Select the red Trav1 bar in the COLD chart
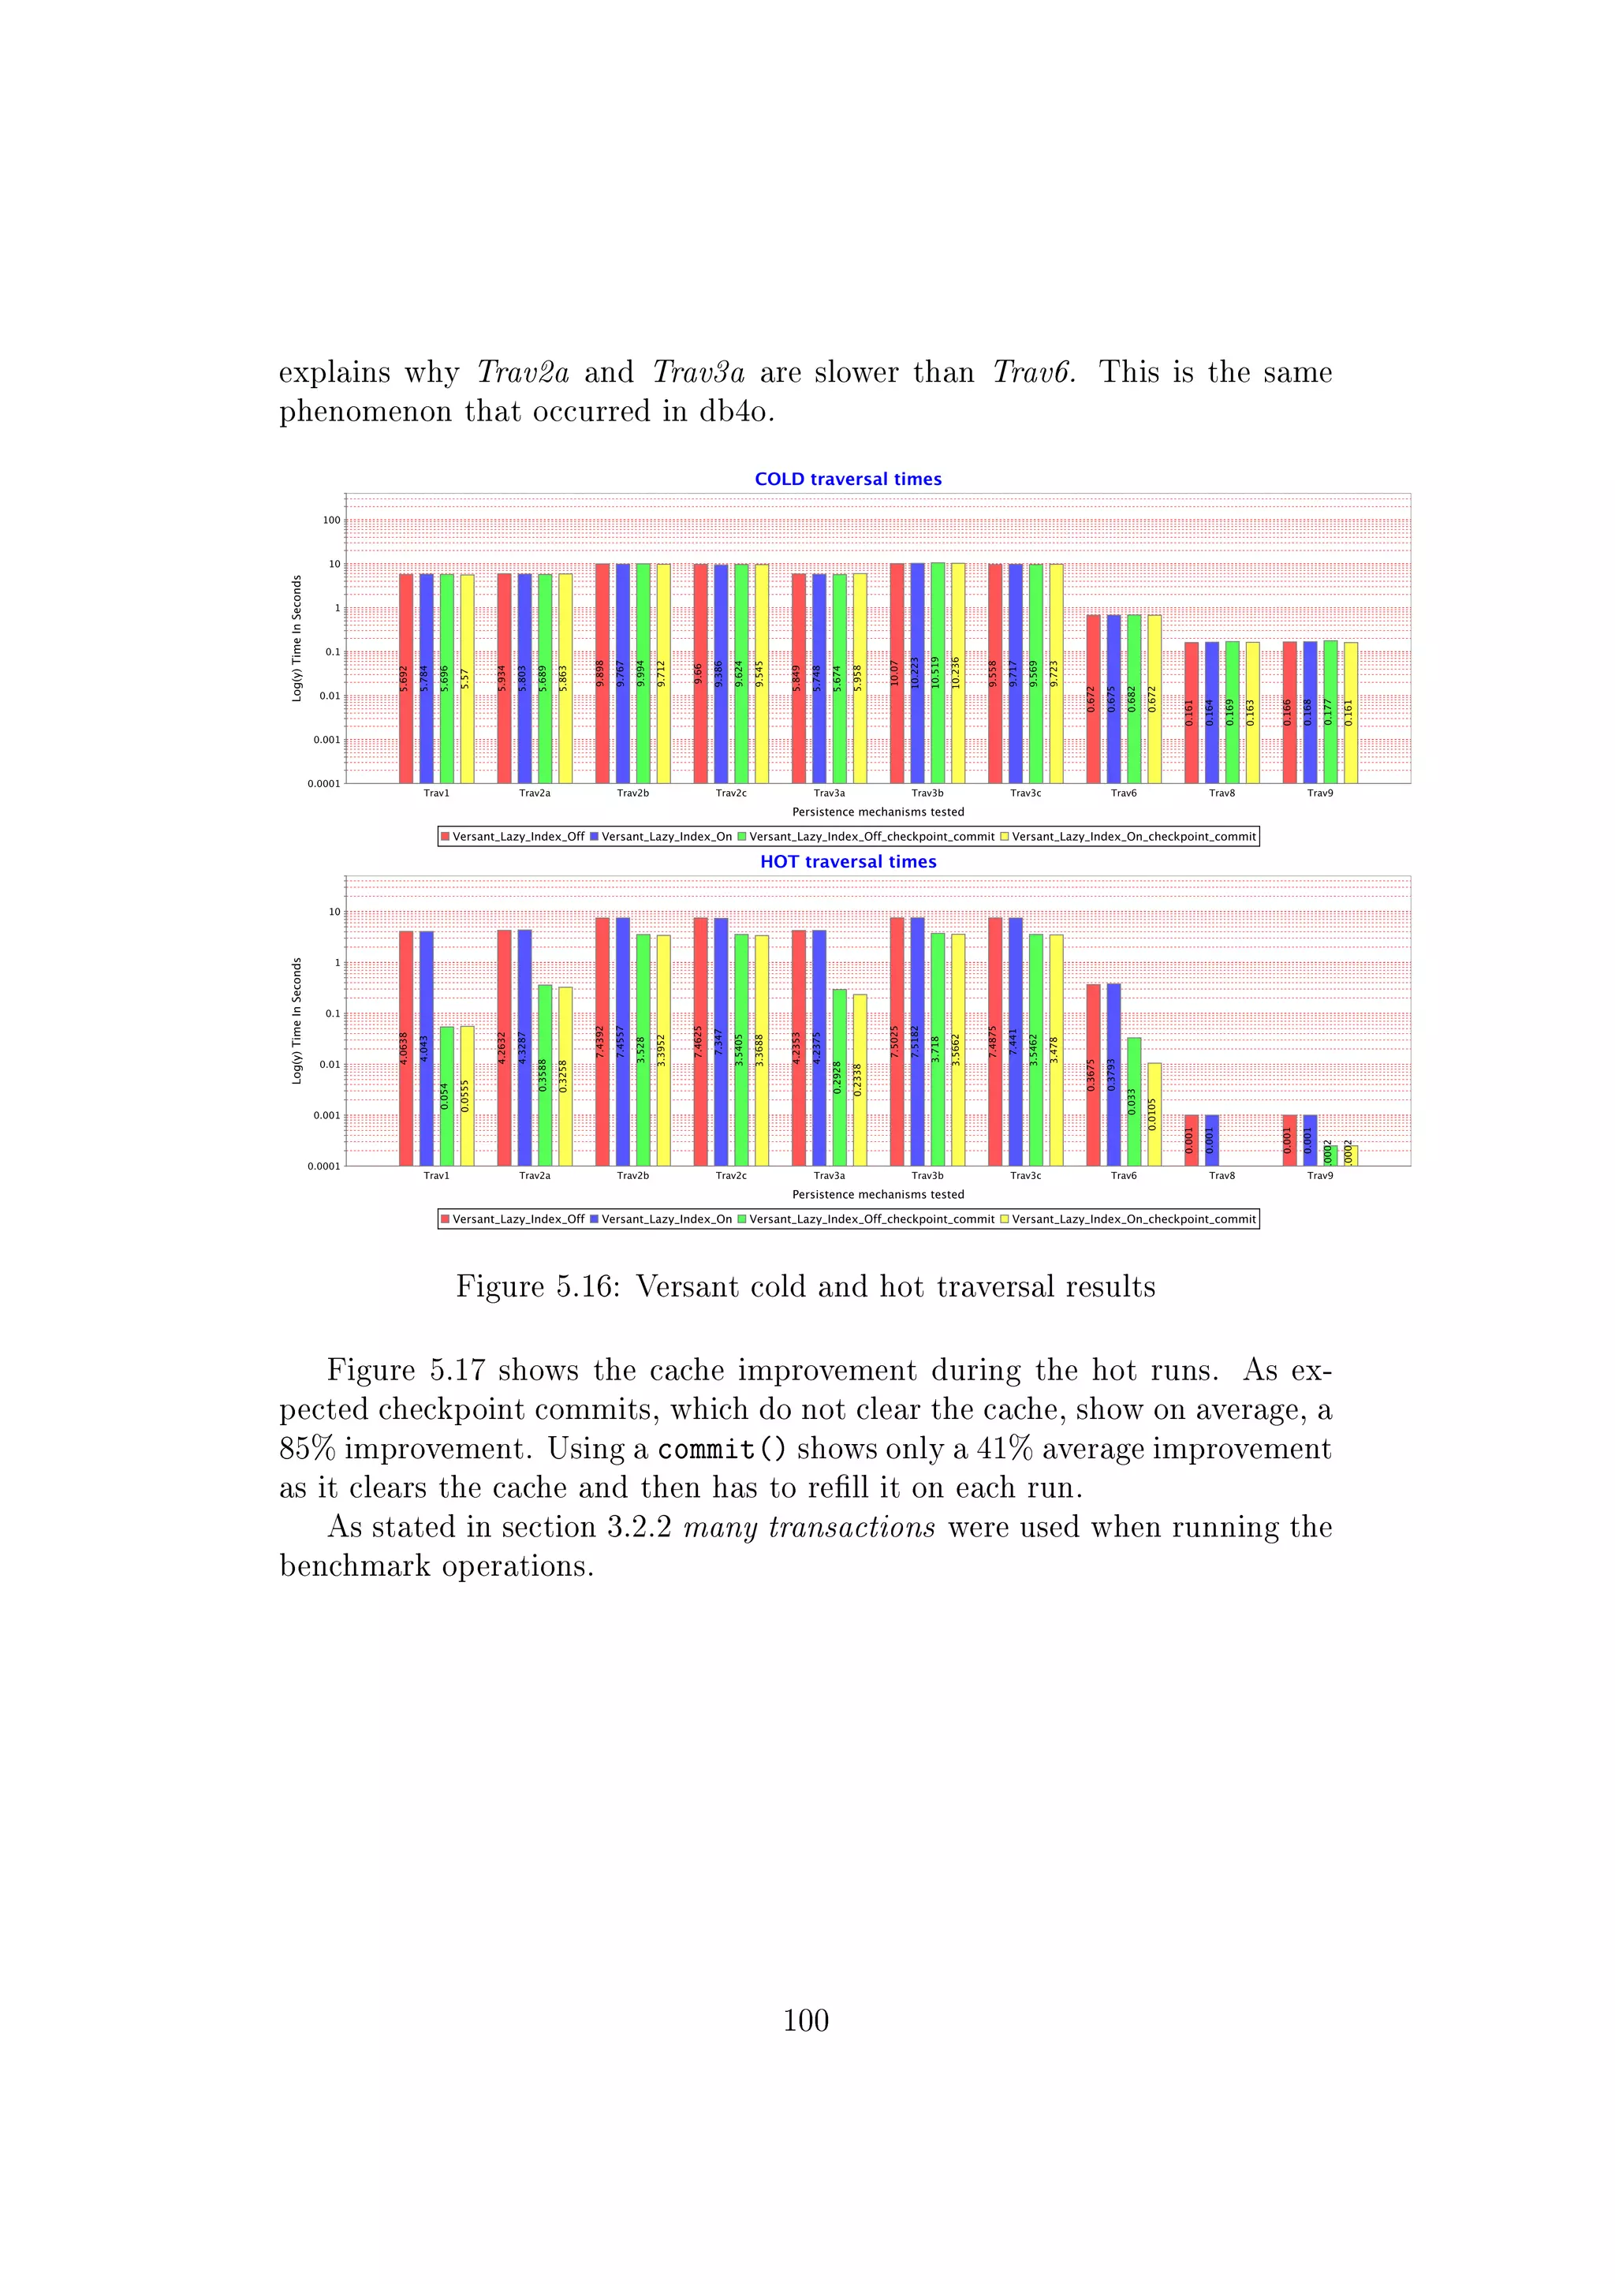(406, 677)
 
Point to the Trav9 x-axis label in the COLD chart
(1319, 793)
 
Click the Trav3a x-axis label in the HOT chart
(830, 1176)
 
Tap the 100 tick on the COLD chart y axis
(331, 521)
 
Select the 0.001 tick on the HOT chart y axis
(326, 1115)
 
